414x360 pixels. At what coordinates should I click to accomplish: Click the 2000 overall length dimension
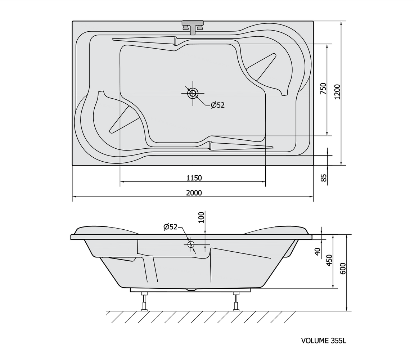point(194,193)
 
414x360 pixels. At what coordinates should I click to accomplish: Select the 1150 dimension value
point(194,178)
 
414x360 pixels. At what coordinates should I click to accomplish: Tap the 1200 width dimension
point(337,92)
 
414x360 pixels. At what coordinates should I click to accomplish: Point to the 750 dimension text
point(323,89)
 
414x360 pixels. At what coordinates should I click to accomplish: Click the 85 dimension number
point(323,178)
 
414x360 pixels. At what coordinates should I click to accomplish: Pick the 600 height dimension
point(342,269)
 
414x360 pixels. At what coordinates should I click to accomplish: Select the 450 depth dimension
point(329,260)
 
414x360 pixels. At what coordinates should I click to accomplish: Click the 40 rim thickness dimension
point(318,252)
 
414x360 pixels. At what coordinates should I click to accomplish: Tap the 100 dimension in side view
point(201,217)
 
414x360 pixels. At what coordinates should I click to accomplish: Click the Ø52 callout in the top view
point(218,105)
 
